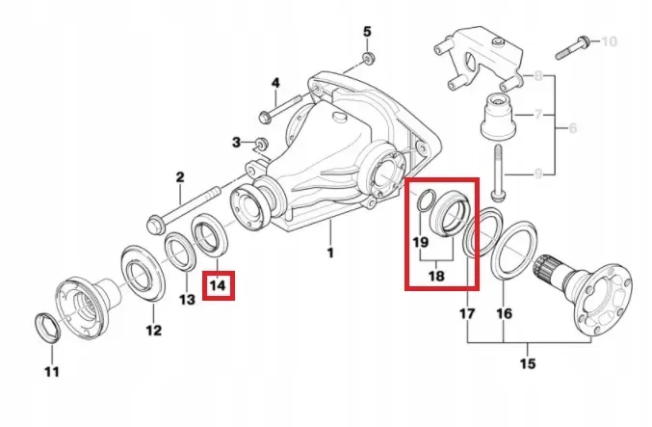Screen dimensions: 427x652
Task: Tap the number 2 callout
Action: (x=179, y=176)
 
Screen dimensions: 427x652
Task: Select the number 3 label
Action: (x=235, y=143)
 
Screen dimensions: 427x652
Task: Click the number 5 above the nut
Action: (x=367, y=32)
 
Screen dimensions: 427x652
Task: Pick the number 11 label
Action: (x=52, y=371)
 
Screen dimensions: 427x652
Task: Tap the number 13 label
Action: (x=187, y=299)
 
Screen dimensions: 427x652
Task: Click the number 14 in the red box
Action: (x=219, y=285)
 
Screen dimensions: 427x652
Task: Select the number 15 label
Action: (x=527, y=363)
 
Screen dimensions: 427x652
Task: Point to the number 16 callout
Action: (x=505, y=313)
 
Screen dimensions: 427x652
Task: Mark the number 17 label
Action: (x=468, y=313)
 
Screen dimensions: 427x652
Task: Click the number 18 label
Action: (x=437, y=275)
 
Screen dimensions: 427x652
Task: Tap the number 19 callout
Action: (x=420, y=243)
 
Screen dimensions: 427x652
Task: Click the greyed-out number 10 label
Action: (x=609, y=41)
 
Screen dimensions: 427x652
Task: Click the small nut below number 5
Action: (x=368, y=59)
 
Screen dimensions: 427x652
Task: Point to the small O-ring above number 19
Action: (x=423, y=200)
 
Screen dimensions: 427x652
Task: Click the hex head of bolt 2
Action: (x=153, y=227)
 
